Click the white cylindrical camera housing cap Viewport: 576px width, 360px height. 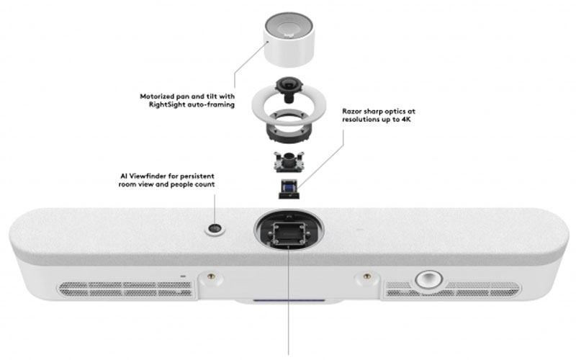[289, 40]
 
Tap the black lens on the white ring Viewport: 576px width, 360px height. [289, 89]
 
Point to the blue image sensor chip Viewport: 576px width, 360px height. [289, 189]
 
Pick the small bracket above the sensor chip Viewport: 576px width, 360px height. [289, 161]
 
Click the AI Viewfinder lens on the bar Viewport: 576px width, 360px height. [215, 228]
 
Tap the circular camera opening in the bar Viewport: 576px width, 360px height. [289, 229]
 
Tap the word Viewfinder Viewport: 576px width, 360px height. [148, 176]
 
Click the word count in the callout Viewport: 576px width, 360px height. [205, 184]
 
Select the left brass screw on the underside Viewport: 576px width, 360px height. [210, 276]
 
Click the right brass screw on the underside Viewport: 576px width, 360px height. [366, 276]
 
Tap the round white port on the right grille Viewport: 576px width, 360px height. [428, 280]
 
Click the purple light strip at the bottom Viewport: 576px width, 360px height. [289, 300]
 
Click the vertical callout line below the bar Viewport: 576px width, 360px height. [289, 301]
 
